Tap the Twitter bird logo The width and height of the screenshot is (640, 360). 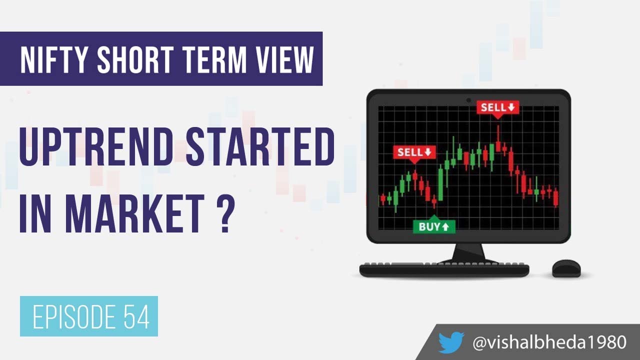[451, 342]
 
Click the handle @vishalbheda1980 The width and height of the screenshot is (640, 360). [549, 342]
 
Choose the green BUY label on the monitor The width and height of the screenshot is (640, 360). [434, 226]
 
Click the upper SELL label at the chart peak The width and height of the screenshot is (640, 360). [497, 107]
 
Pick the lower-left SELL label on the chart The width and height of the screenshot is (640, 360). [414, 152]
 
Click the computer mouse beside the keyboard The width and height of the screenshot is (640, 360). [566, 268]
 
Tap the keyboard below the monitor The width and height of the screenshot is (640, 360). [444, 269]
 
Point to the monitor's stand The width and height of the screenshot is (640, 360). [468, 252]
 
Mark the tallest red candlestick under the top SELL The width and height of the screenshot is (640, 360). [498, 140]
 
